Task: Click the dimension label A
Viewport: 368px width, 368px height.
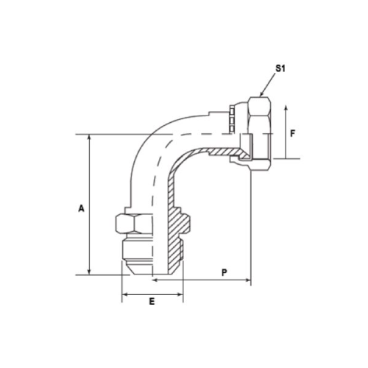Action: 81,208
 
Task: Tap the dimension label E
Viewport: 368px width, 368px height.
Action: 152,302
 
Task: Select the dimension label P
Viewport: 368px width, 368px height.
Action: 224,272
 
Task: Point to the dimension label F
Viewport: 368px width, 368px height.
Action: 293,134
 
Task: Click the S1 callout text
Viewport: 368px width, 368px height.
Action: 280,68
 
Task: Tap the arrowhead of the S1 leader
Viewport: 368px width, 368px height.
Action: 261,94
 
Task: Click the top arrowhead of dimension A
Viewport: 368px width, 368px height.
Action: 89,137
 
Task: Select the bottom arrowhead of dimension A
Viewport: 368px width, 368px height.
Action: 89,272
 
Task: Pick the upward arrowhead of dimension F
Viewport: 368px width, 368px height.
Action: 286,108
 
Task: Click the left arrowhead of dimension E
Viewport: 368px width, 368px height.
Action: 124,294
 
